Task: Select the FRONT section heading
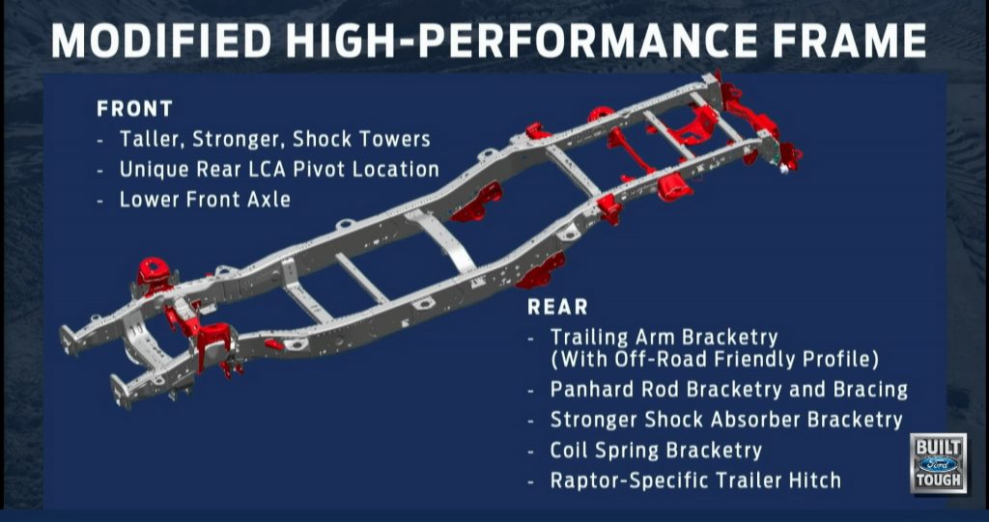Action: (x=134, y=109)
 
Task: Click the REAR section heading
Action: (x=557, y=308)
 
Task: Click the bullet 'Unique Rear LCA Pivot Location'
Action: (x=279, y=169)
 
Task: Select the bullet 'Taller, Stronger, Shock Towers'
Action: (x=274, y=139)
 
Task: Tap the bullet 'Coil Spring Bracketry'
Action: (x=656, y=450)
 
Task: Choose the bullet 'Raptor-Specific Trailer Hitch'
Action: (x=695, y=480)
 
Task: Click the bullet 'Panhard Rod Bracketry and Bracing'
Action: (x=729, y=390)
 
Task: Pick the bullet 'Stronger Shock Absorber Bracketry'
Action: (x=726, y=420)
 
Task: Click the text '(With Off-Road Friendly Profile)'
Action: (x=714, y=360)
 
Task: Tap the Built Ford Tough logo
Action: (x=938, y=463)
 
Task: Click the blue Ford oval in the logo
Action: (x=938, y=463)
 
